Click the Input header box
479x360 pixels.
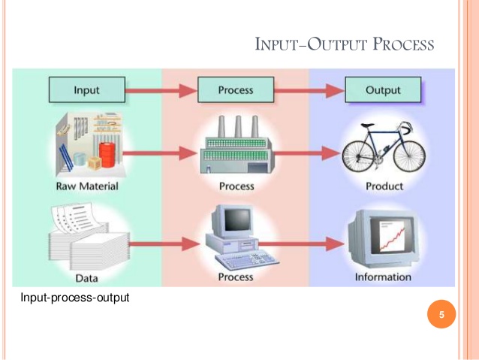tap(86, 90)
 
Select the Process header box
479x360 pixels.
tap(236, 90)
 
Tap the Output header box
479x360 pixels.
tap(383, 90)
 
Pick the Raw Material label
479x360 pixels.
tap(86, 186)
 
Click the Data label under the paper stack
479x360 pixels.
tap(86, 277)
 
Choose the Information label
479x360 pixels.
tap(383, 277)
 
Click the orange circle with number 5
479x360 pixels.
tap(441, 315)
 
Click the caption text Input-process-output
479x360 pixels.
tap(76, 298)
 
